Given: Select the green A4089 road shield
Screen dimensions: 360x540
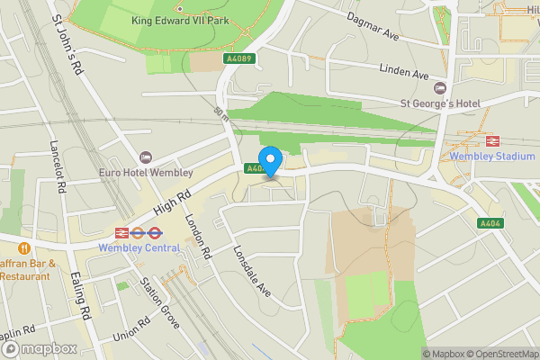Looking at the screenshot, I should coord(237,58).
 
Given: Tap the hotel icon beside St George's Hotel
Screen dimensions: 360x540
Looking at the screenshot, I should coord(439,88).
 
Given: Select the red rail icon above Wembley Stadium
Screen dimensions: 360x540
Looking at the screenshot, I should coord(493,140).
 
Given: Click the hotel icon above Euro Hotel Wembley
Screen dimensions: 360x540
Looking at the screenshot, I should coord(146,157).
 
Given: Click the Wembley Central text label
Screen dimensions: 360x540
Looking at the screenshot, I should coord(139,247).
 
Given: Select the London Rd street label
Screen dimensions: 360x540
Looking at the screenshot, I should coord(197,238).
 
